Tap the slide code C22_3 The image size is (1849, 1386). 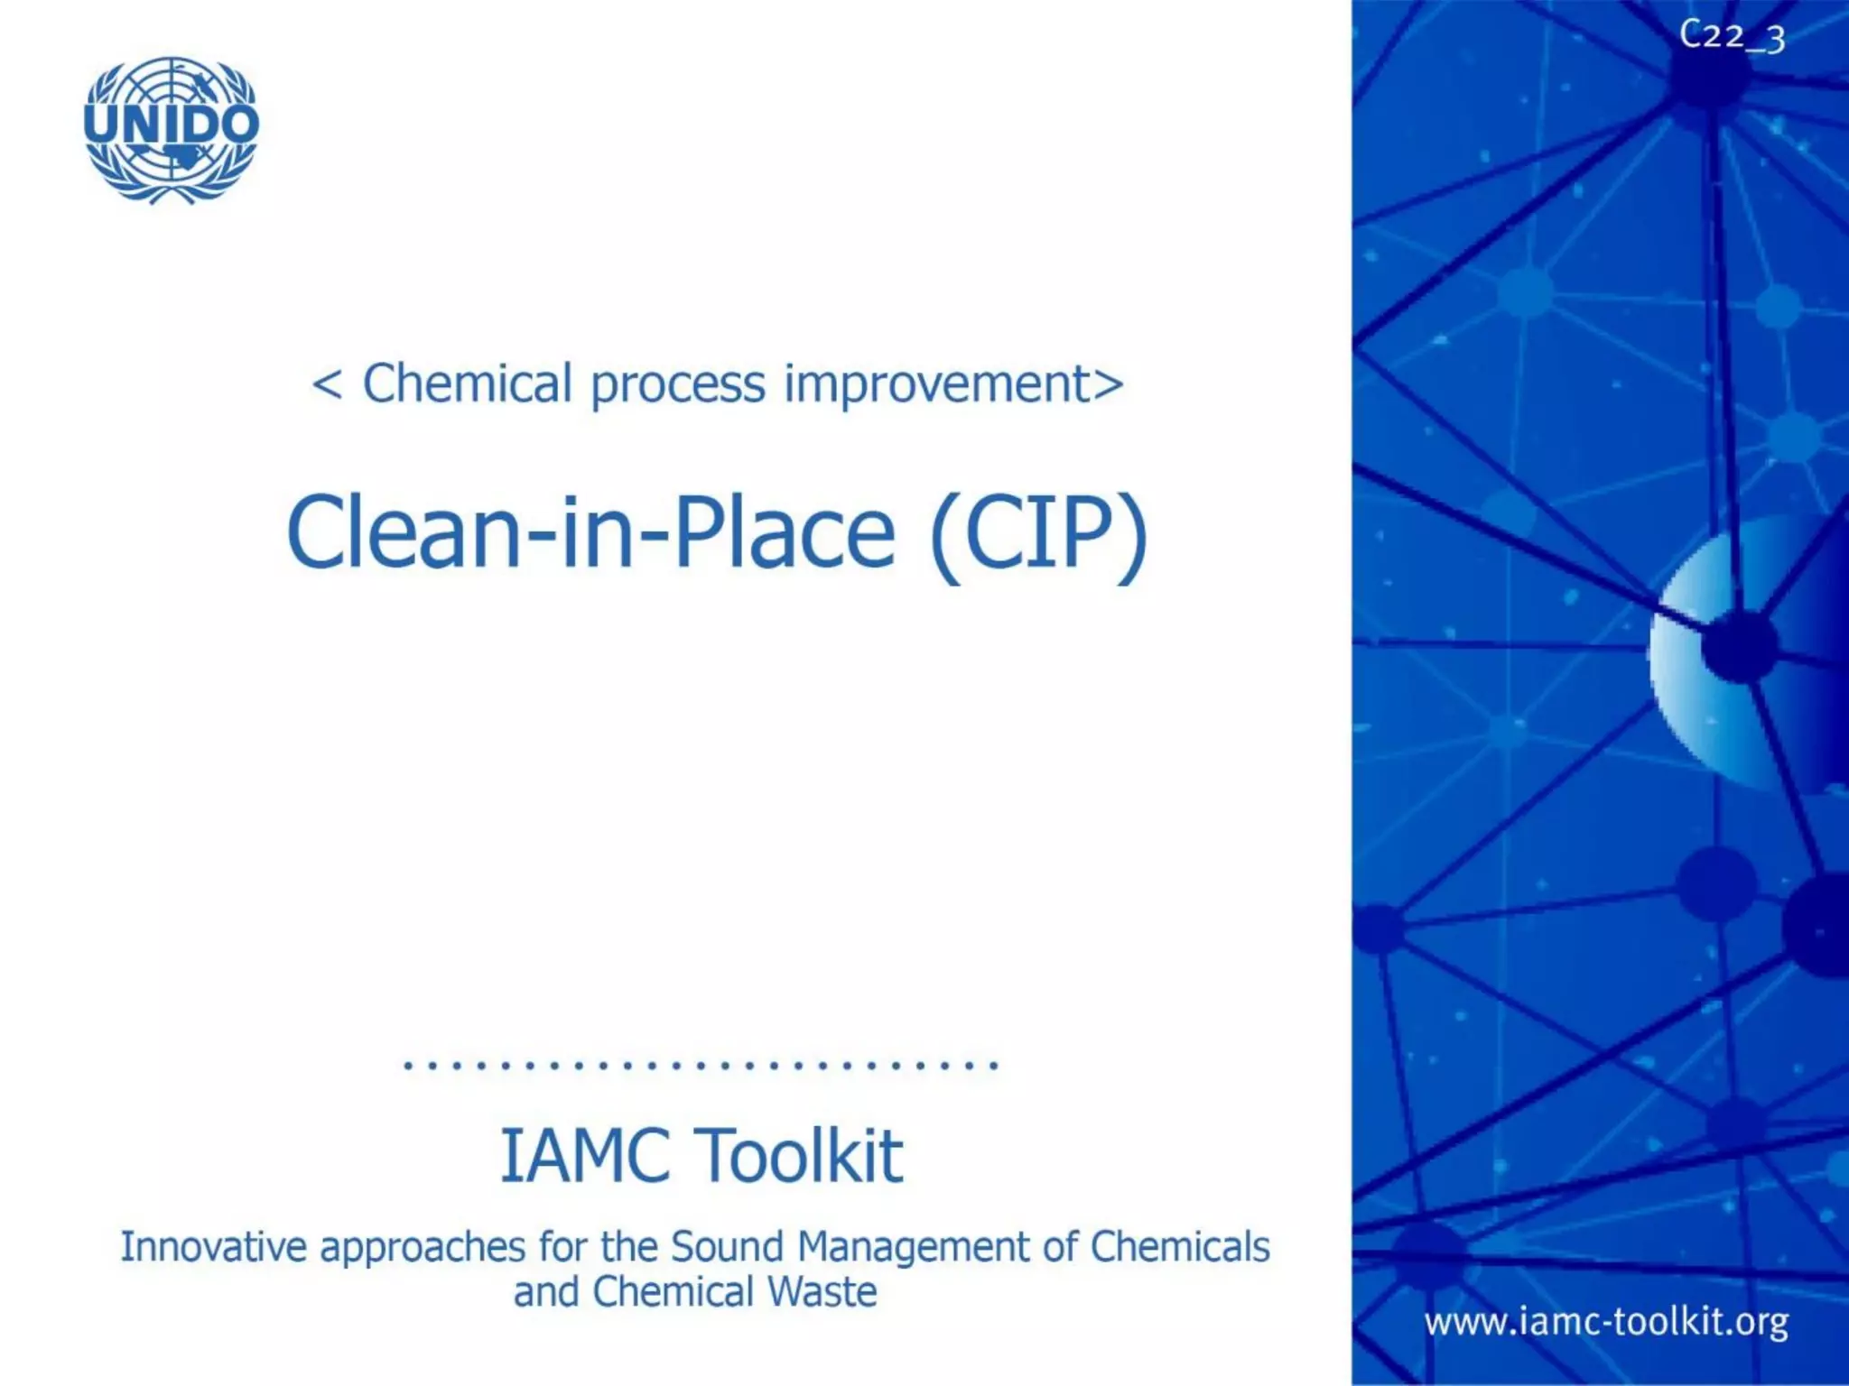[x=1732, y=37]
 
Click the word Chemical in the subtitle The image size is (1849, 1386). [x=467, y=383]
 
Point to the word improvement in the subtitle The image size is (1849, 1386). [x=938, y=383]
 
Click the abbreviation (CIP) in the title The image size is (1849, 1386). [x=1037, y=533]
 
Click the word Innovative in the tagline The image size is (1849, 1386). [x=213, y=1247]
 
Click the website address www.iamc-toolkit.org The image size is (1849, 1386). [x=1606, y=1323]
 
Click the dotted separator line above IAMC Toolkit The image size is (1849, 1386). [x=701, y=1066]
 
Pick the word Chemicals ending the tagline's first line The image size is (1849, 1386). [x=1180, y=1247]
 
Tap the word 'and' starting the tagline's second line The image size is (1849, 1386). [x=546, y=1292]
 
